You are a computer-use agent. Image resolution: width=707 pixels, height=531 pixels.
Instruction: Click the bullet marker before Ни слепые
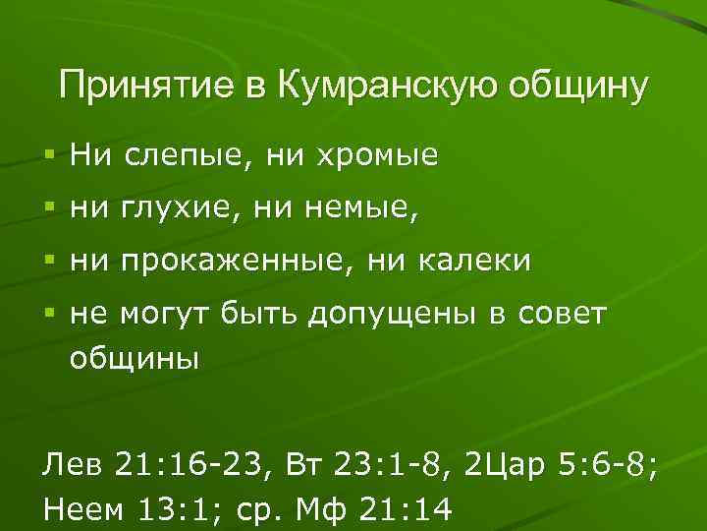pos(48,156)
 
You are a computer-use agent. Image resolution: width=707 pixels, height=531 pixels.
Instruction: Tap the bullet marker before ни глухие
pos(48,209)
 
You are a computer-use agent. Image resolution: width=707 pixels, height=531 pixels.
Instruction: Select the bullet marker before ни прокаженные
pos(48,262)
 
